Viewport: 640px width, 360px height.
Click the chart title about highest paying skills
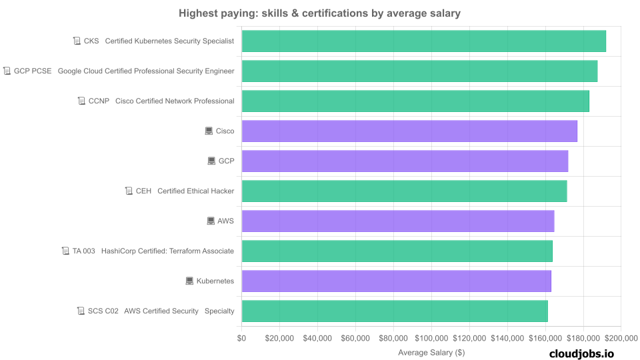coord(319,13)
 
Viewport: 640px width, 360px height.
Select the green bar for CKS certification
coord(423,41)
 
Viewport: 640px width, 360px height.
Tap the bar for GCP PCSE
coord(419,71)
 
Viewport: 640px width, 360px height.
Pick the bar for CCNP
coord(415,101)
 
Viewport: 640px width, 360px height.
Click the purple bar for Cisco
coord(409,131)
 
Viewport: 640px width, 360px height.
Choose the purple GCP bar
coord(405,161)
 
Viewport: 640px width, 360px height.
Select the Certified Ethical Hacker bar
coord(404,191)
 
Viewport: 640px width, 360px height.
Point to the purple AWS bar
coord(398,221)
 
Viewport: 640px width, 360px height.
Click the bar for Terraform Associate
coord(397,251)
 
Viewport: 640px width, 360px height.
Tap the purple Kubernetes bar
coord(396,281)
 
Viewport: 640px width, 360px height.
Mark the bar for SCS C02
coord(395,311)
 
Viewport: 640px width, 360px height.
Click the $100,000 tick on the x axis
coord(431,338)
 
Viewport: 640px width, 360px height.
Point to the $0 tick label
coord(241,338)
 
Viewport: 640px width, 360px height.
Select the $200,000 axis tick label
coord(621,338)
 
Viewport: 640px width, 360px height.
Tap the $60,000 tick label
coord(355,338)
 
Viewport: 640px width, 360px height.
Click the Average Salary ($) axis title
coord(431,352)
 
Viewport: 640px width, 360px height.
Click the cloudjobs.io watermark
coord(581,353)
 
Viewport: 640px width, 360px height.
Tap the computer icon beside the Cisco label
coord(209,131)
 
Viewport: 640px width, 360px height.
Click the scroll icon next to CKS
coord(77,41)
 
